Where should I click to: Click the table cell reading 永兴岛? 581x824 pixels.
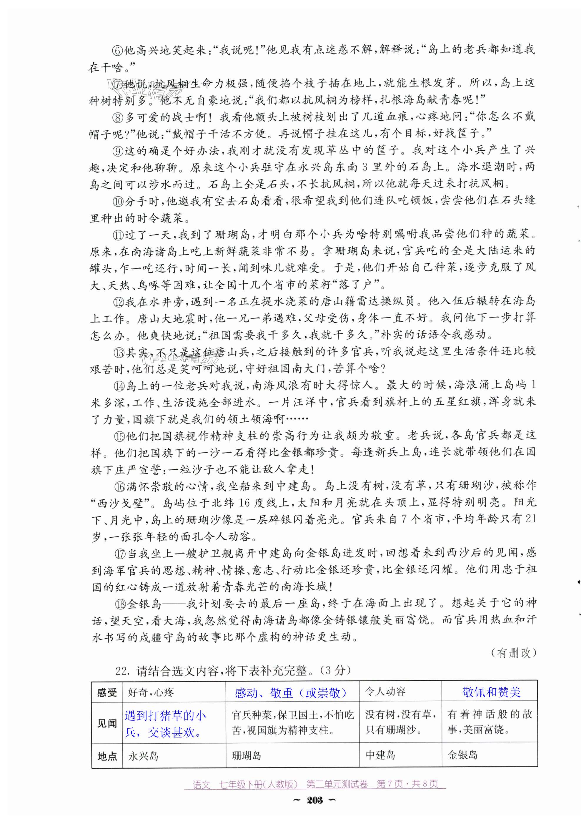143,756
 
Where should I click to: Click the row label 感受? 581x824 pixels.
107,692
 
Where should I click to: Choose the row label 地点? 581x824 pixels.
107,757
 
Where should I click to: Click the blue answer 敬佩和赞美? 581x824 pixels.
491,692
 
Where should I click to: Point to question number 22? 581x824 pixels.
122,670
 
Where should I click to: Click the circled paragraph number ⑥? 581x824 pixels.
118,50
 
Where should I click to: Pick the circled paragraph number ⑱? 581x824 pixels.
121,604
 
